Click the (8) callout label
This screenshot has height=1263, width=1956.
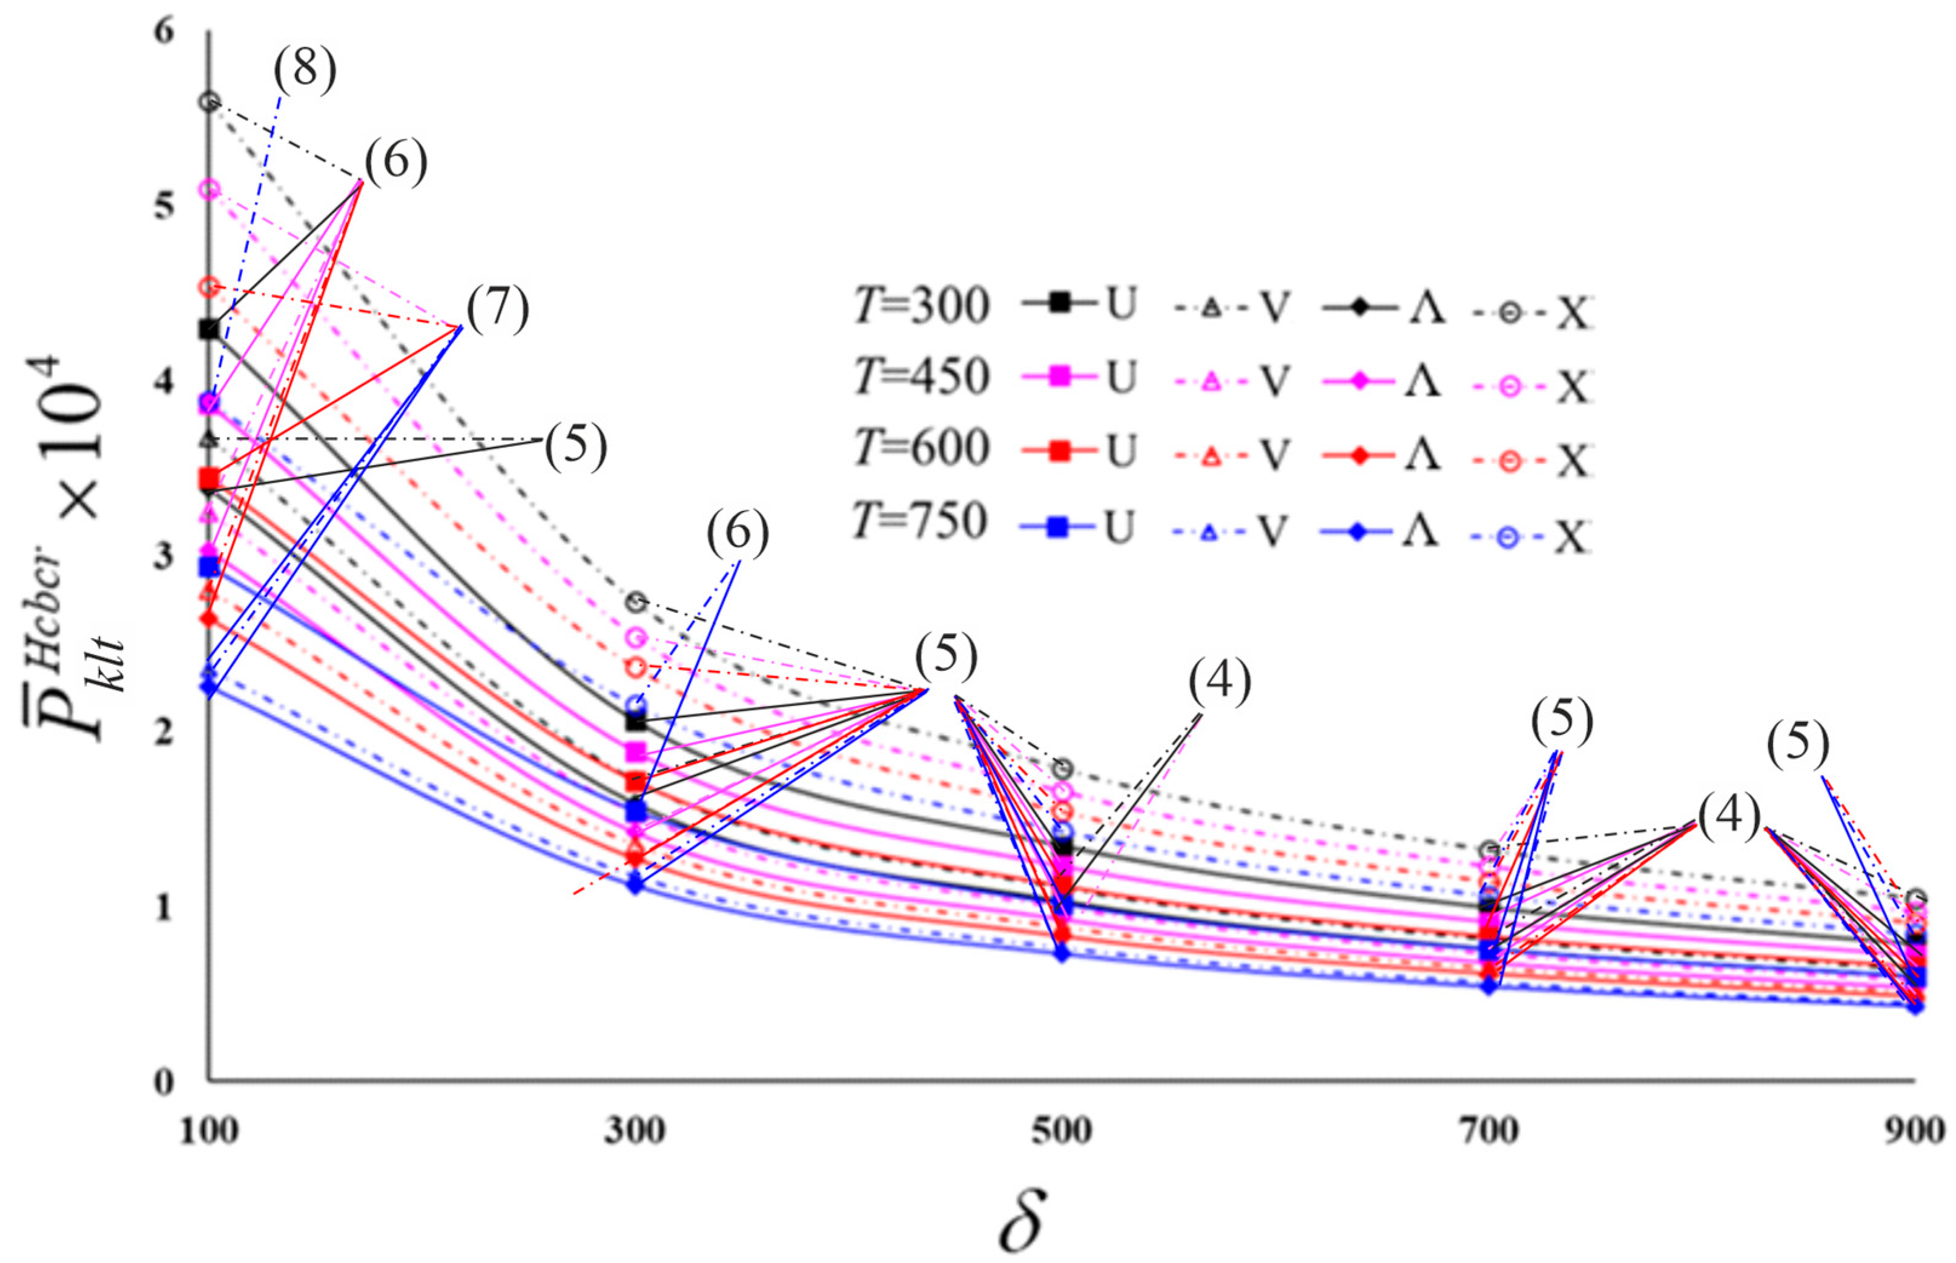(x=304, y=69)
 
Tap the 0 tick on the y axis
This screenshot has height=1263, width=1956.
(x=164, y=1082)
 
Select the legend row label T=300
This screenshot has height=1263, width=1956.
(x=921, y=306)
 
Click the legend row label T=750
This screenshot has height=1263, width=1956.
(x=921, y=521)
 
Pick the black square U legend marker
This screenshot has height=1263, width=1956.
(x=1060, y=303)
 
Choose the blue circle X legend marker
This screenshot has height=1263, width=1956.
(x=1509, y=538)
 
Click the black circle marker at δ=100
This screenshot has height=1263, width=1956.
(x=210, y=102)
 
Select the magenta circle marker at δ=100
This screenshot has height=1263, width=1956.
(x=210, y=190)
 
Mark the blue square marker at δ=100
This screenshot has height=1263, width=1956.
(x=210, y=567)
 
